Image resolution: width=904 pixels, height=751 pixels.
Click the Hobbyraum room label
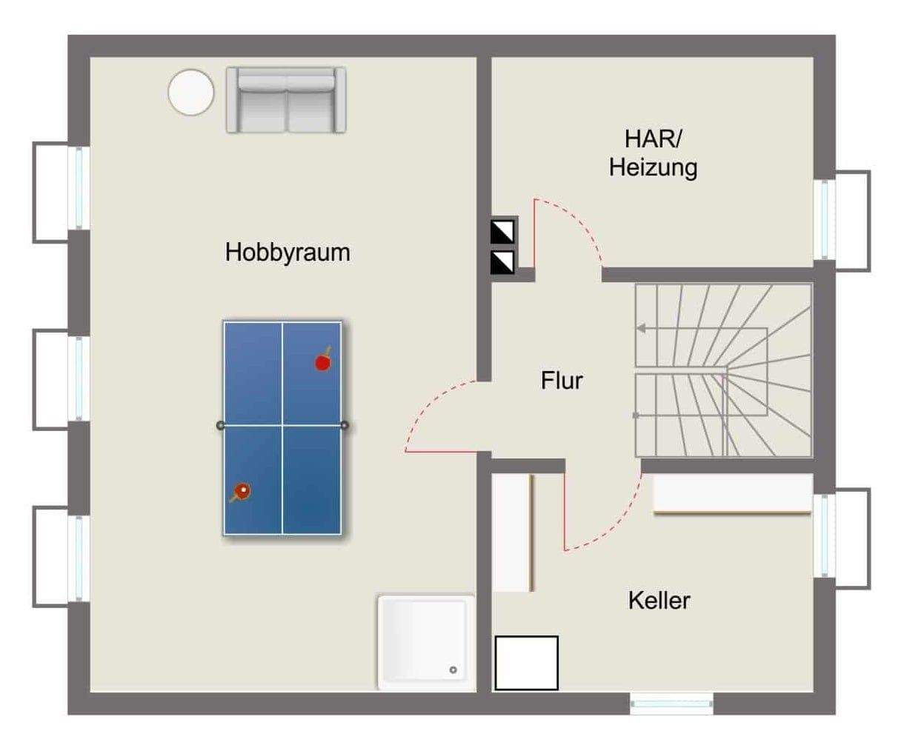[x=288, y=253]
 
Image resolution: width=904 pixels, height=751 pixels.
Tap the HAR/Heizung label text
[x=653, y=153]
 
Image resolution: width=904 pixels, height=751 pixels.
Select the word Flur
[x=562, y=381]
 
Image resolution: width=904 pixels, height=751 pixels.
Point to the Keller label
[x=659, y=600]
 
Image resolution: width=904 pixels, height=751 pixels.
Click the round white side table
[x=191, y=92]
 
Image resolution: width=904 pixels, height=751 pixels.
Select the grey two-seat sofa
[x=286, y=100]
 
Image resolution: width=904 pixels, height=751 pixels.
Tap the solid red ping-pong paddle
[x=323, y=361]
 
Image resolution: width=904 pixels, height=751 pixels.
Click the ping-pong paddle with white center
[x=241, y=490]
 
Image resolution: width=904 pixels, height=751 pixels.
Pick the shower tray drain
[x=453, y=670]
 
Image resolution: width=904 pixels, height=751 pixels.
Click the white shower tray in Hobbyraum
[x=425, y=641]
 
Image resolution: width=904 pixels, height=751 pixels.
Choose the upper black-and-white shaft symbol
[x=502, y=231]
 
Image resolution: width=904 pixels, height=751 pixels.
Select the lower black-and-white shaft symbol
[x=502, y=261]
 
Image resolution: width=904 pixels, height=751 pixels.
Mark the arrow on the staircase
[x=642, y=328]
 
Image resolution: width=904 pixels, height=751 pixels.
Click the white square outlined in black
[x=526, y=663]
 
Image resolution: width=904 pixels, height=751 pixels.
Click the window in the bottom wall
[x=671, y=704]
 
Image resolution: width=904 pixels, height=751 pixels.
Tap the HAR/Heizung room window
[x=824, y=219]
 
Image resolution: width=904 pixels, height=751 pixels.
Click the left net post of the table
[x=219, y=425]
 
